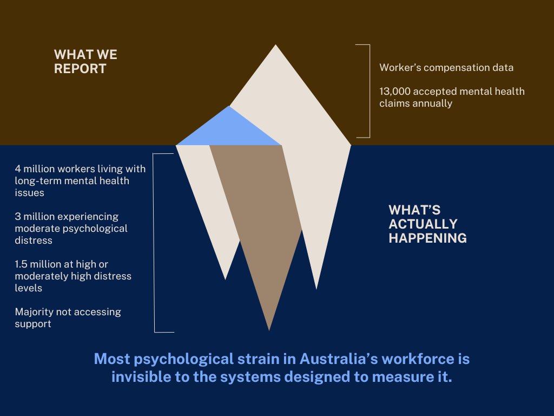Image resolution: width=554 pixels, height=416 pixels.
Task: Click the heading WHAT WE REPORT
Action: [x=85, y=62]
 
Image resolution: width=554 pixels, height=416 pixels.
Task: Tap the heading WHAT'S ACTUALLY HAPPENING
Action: [x=427, y=224]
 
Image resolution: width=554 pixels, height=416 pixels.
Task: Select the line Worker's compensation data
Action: [x=446, y=68]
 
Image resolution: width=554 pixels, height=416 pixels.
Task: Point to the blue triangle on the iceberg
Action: [x=229, y=130]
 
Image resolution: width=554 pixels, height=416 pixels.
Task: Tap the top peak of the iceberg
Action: [x=276, y=51]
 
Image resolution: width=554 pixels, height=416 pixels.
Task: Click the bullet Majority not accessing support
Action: [x=68, y=318]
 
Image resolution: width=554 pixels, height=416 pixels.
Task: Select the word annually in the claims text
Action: [x=432, y=103]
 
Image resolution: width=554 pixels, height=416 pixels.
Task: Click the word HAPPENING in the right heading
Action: [x=427, y=238]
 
